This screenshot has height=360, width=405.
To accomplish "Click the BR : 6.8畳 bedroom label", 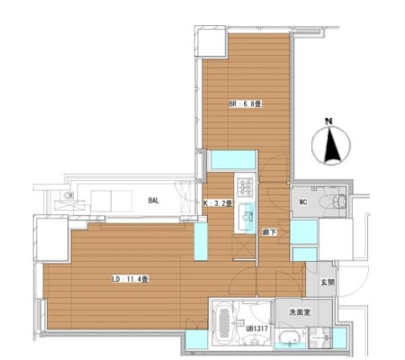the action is pyautogui.click(x=246, y=104).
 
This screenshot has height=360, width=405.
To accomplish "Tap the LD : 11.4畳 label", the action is pyautogui.click(x=130, y=280).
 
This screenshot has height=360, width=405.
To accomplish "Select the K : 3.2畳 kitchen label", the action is pyautogui.click(x=218, y=203).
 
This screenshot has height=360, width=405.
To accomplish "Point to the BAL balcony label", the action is pyautogui.click(x=153, y=201).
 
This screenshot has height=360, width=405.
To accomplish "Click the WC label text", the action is pyautogui.click(x=303, y=202).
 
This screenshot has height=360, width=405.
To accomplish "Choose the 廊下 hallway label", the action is pyautogui.click(x=269, y=232).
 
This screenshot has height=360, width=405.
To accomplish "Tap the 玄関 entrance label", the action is pyautogui.click(x=328, y=283).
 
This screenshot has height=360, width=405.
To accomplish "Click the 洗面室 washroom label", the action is pyautogui.click(x=300, y=312).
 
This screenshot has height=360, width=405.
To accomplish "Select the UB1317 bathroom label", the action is pyautogui.click(x=256, y=328).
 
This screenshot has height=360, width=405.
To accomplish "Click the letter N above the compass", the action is pyautogui.click(x=329, y=121).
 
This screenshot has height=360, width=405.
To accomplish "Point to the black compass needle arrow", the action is pyautogui.click(x=331, y=145).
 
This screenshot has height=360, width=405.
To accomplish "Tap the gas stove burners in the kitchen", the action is pyautogui.click(x=245, y=187).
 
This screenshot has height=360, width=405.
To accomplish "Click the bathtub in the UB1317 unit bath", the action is pyautogui.click(x=224, y=324).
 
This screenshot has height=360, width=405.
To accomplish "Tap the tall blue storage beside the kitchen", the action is pyautogui.click(x=201, y=241).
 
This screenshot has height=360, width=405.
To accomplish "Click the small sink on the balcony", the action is pyautogui.click(x=68, y=196).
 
